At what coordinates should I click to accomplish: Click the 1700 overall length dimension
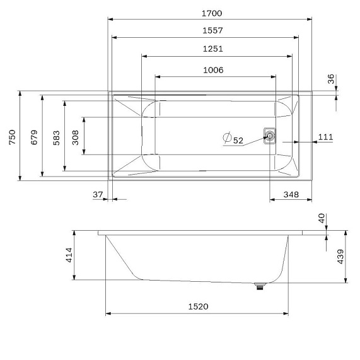[212, 13]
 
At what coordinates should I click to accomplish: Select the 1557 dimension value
[212, 30]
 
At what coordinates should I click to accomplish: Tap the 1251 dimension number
[212, 49]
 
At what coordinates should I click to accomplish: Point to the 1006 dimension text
[212, 70]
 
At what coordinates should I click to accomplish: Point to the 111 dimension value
[325, 137]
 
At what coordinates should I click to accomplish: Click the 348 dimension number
[290, 195]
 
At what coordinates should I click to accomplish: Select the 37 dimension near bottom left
[97, 195]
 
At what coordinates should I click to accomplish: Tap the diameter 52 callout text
[238, 140]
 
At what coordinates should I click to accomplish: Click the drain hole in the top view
[269, 136]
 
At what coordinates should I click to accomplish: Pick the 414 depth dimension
[68, 255]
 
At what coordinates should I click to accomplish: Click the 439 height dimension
[340, 257]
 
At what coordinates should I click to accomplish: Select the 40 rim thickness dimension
[321, 219]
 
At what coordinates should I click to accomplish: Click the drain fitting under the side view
[258, 287]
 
